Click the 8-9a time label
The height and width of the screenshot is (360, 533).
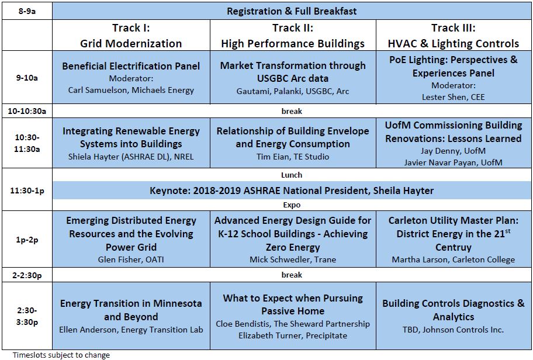[x=27, y=11]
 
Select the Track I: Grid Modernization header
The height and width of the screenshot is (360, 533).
[x=131, y=35]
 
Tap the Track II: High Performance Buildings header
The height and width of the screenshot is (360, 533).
[x=293, y=35]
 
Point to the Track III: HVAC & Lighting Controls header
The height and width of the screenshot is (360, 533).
[x=453, y=35]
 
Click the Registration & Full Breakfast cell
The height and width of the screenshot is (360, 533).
[x=292, y=11]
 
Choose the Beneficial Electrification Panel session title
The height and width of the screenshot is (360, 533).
[x=131, y=66]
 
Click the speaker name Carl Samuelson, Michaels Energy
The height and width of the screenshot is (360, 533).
[x=131, y=90]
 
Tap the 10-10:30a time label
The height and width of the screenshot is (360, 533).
[x=27, y=111]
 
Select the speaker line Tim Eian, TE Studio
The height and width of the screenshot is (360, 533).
[x=293, y=157]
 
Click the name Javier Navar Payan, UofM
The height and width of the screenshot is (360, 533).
[x=453, y=162]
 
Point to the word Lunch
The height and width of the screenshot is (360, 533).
[x=292, y=175]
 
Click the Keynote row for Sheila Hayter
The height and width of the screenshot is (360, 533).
[x=292, y=191]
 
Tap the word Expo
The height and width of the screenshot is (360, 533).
[x=292, y=205]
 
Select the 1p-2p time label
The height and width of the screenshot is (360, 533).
[x=27, y=240]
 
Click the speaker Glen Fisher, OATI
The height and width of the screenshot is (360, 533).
[x=131, y=259]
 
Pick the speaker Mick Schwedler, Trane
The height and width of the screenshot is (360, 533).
[x=293, y=259]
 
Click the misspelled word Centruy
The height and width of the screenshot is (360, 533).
[x=453, y=247]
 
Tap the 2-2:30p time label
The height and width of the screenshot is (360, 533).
[x=27, y=275]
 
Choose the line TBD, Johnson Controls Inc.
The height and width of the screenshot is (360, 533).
[x=453, y=330]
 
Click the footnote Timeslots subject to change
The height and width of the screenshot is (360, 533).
[x=61, y=355]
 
